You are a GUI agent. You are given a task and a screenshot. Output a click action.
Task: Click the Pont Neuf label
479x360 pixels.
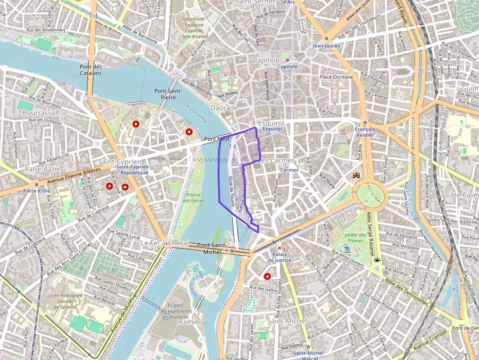tap(217, 139)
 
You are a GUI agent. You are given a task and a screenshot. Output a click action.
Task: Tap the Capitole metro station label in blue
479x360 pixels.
tap(287, 66)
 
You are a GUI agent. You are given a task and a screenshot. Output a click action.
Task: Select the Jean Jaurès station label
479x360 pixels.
tap(326, 46)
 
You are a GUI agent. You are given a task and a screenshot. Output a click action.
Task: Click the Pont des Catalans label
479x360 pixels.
tap(90, 70)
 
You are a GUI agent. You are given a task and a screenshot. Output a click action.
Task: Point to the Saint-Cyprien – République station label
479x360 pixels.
tap(132, 169)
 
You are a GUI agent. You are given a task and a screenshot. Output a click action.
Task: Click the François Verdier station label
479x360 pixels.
tap(365, 132)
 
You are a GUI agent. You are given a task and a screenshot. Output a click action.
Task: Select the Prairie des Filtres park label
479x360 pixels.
tap(194, 197)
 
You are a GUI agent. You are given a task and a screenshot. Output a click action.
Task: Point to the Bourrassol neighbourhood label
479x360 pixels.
tap(40, 112)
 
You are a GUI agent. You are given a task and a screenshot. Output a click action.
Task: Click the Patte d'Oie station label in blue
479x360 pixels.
tap(36, 191)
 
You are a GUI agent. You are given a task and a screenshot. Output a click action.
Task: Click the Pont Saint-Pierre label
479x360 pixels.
tap(168, 94)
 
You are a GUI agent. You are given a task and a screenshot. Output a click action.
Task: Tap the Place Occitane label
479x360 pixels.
tap(336, 77)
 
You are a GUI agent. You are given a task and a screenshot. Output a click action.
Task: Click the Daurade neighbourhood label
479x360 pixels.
tap(224, 107)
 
